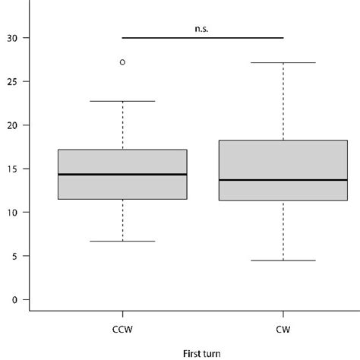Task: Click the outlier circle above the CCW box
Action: point(122,62)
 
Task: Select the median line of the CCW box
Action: point(122,175)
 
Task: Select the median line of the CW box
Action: point(283,180)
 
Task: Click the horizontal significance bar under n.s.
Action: point(202,37)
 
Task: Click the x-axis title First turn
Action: point(202,352)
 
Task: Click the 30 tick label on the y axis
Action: point(11,38)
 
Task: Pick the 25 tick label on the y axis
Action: point(11,81)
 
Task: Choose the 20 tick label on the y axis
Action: point(11,125)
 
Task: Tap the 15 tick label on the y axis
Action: point(11,169)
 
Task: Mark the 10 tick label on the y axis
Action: point(11,212)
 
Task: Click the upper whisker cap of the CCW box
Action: point(122,101)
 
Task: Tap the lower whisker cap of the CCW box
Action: point(122,241)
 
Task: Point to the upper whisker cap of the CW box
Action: point(283,63)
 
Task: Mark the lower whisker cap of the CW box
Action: point(283,261)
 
